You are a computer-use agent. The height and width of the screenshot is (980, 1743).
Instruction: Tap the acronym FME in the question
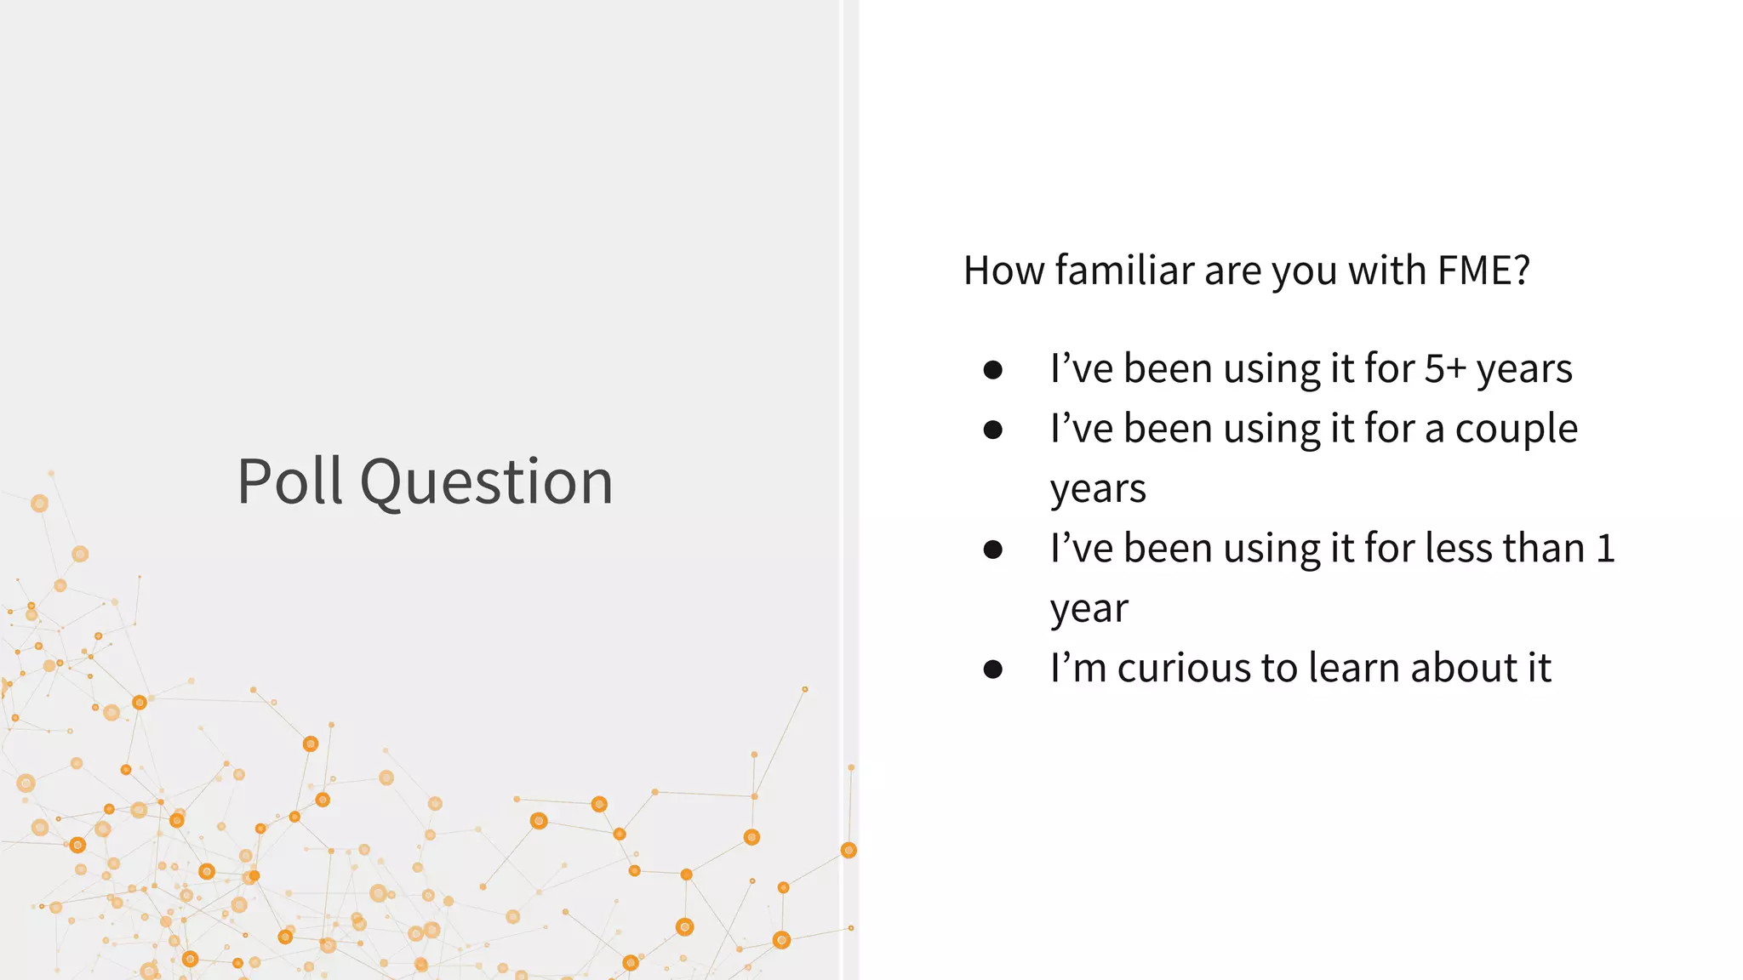(1475, 271)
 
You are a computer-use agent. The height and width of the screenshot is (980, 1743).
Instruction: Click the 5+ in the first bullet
(1445, 368)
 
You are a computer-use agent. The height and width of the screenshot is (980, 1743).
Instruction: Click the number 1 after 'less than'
(1605, 548)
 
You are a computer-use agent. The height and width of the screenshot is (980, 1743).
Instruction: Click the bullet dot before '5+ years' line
(992, 370)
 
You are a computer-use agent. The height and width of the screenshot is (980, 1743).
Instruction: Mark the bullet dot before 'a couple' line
(992, 430)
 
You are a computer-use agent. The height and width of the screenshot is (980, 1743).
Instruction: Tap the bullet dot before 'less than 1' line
(992, 550)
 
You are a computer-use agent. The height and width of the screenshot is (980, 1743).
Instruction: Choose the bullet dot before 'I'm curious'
(992, 669)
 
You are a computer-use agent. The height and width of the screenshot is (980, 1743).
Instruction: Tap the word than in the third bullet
(1542, 548)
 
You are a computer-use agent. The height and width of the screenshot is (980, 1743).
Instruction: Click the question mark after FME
(1521, 271)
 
